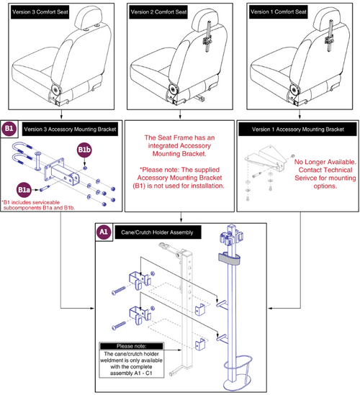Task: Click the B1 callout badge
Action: click(x=9, y=130)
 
